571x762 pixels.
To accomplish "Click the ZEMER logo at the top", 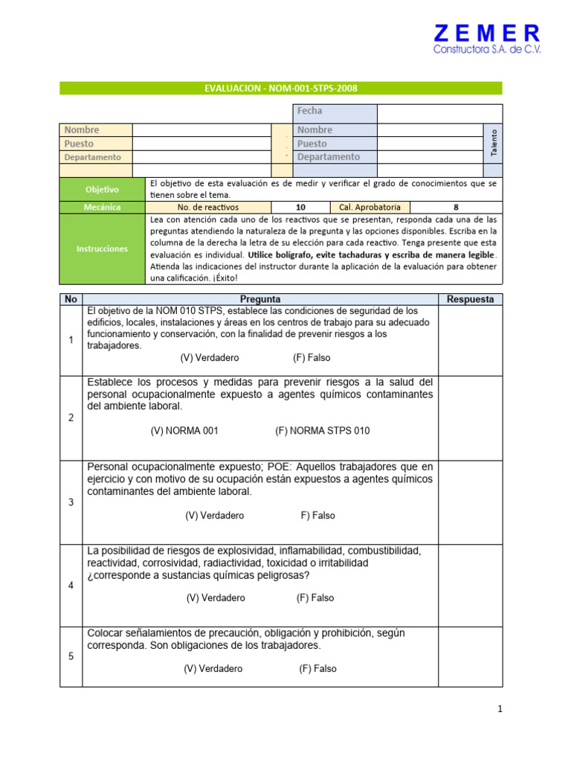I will (487, 39).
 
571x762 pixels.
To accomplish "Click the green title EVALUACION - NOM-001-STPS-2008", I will (280, 89).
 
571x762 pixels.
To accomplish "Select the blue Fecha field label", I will (335, 111).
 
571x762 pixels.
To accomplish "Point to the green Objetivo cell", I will (102, 190).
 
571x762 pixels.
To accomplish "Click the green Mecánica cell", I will (102, 208).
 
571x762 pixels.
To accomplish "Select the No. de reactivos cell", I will (208, 208).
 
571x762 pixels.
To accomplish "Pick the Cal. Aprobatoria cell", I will (370, 208).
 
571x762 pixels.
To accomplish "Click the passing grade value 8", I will (456, 208).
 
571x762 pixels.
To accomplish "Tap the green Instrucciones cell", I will (102, 249).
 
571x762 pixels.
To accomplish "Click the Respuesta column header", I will (471, 299).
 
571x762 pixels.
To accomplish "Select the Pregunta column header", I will (260, 299).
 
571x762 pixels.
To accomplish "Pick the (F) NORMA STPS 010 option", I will (322, 431).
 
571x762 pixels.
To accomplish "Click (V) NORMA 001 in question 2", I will (184, 431).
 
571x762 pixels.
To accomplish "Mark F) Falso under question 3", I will (317, 515).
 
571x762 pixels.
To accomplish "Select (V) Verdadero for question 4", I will (216, 598).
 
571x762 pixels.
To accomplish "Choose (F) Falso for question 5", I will (317, 668).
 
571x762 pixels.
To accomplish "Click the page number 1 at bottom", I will (500, 709).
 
